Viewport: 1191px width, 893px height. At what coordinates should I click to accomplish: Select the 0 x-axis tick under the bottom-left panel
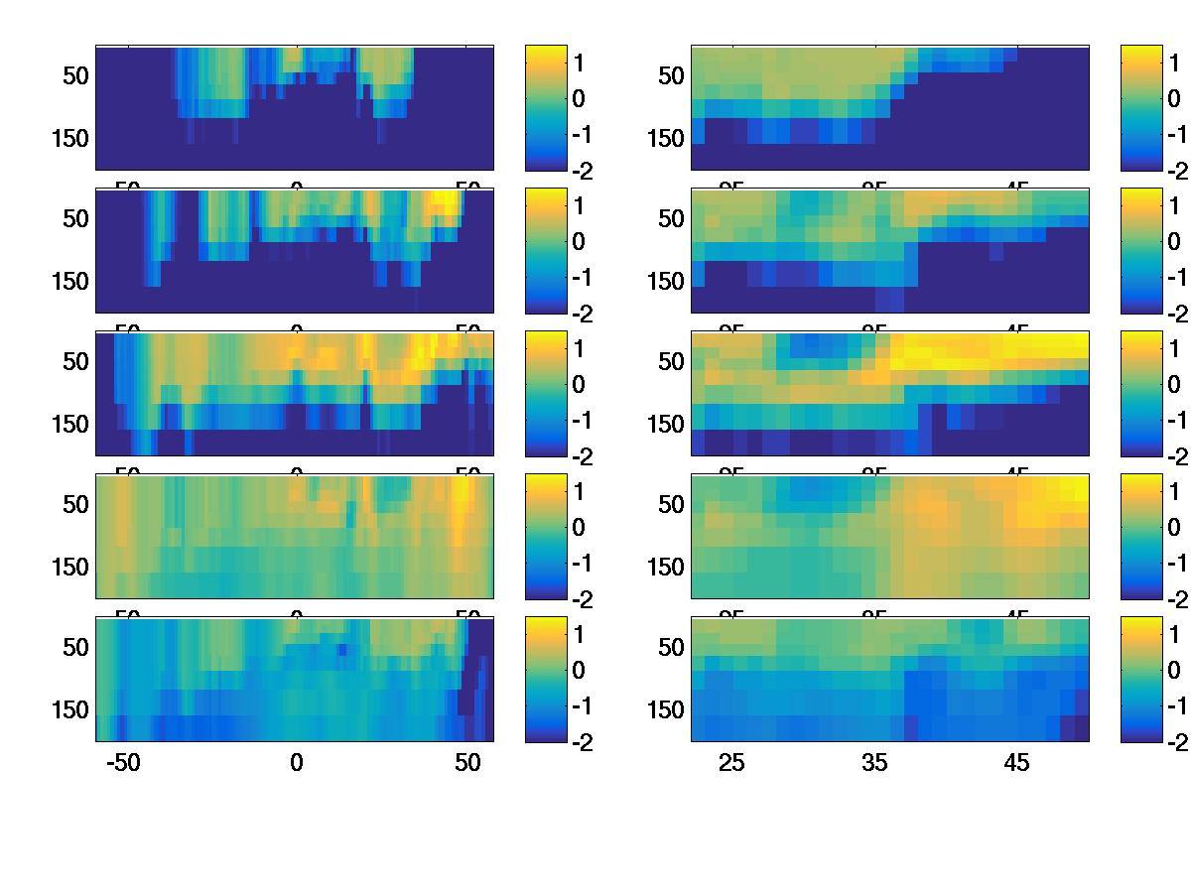click(296, 763)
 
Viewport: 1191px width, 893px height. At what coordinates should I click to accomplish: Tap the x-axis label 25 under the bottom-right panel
click(731, 763)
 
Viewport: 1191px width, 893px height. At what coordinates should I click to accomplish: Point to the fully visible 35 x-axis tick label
click(874, 763)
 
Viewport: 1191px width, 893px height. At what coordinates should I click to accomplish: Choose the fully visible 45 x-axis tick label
click(1017, 763)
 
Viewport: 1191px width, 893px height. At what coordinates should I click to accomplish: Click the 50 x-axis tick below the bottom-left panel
click(467, 763)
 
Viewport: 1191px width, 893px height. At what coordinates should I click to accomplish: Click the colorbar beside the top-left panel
click(545, 107)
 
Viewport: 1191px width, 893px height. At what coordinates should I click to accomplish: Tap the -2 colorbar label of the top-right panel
click(1177, 171)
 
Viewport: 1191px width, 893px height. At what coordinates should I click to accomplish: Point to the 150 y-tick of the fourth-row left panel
click(68, 568)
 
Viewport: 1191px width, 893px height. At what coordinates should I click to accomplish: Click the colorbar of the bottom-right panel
click(1140, 679)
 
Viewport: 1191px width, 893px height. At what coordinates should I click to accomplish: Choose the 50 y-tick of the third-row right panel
click(672, 362)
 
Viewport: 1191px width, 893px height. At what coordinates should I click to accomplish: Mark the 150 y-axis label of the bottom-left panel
click(68, 710)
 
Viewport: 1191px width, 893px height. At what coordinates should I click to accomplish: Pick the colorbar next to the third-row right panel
click(1140, 393)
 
